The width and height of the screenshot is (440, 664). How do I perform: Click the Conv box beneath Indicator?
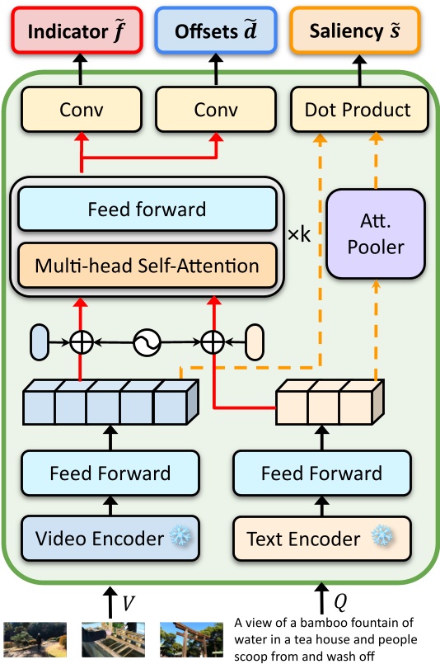coord(81,110)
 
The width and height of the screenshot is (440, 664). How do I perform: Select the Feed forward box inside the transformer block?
coord(147,209)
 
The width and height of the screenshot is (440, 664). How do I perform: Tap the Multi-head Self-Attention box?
coord(147,266)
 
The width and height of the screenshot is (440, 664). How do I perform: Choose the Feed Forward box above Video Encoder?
coord(110,473)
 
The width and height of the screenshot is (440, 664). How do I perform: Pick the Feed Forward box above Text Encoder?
coord(322,473)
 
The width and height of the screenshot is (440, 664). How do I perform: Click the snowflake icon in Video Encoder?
coord(180,538)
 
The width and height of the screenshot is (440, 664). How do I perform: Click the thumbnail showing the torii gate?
coord(190,639)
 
